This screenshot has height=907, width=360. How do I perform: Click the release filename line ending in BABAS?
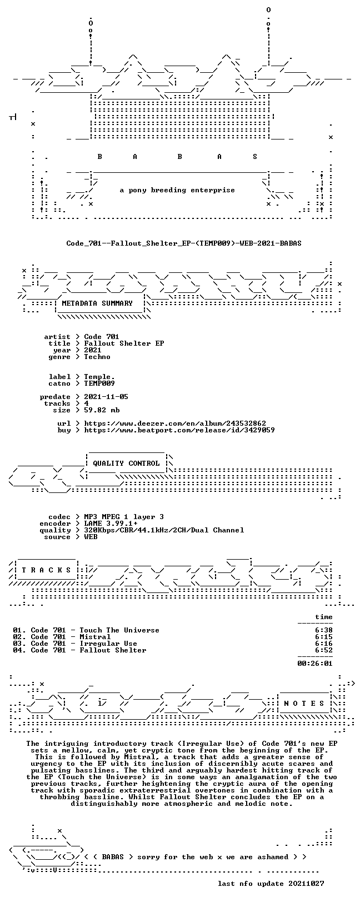184,243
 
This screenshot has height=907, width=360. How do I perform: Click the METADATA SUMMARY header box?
97,303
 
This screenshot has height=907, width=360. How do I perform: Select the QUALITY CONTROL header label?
126,463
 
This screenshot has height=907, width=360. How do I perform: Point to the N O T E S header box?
304,704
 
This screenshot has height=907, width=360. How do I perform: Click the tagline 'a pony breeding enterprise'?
177,190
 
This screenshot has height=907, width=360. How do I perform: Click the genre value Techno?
97,357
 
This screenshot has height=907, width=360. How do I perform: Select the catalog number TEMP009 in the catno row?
99,383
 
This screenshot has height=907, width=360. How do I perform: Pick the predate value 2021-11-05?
106,396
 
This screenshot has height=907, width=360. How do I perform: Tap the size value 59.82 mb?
102,410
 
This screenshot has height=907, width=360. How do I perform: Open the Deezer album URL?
175,423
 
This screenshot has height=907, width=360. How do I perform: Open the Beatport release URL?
179,430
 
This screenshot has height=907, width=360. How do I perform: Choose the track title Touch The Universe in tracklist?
119,630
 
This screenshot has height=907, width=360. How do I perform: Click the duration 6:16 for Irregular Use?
323,644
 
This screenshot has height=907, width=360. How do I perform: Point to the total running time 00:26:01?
315,663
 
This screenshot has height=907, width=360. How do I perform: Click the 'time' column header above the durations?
323,617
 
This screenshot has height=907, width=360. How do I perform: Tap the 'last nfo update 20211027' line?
271,883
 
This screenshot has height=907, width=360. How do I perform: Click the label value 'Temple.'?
99,377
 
